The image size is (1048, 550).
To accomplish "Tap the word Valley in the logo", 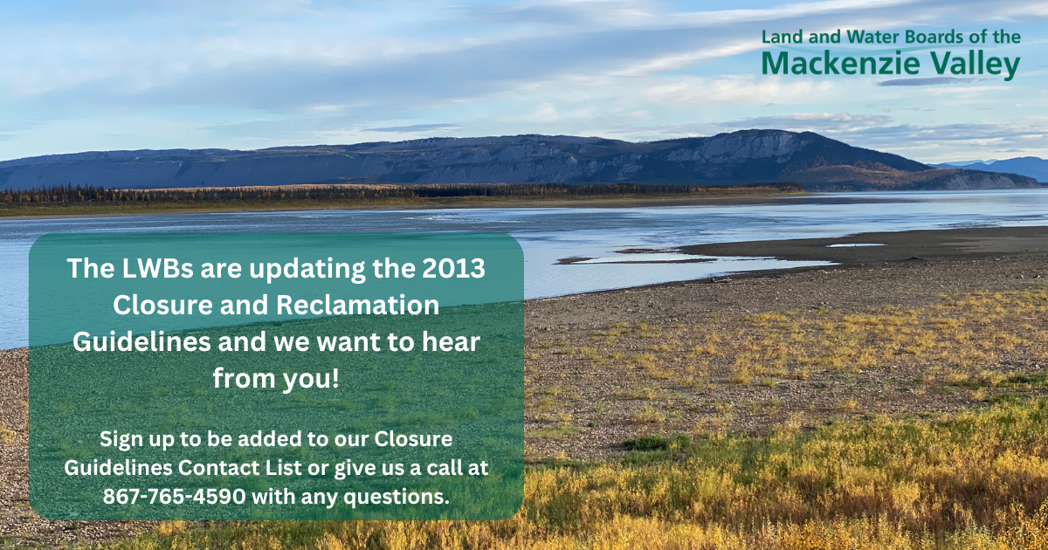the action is pos(975,65).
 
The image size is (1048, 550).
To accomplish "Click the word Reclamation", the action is pos(357,305).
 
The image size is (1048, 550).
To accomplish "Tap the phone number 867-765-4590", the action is pos(174,496).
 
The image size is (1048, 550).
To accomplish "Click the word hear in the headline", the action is pos(451,341).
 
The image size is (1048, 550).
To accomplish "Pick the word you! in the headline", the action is pos(310,379).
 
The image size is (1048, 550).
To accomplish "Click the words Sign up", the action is pos(136,440).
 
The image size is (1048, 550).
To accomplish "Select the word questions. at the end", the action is pos(396,497).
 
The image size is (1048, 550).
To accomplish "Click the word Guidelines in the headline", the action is pos(141,341).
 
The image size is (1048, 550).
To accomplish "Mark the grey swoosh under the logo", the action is pos(924,81).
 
